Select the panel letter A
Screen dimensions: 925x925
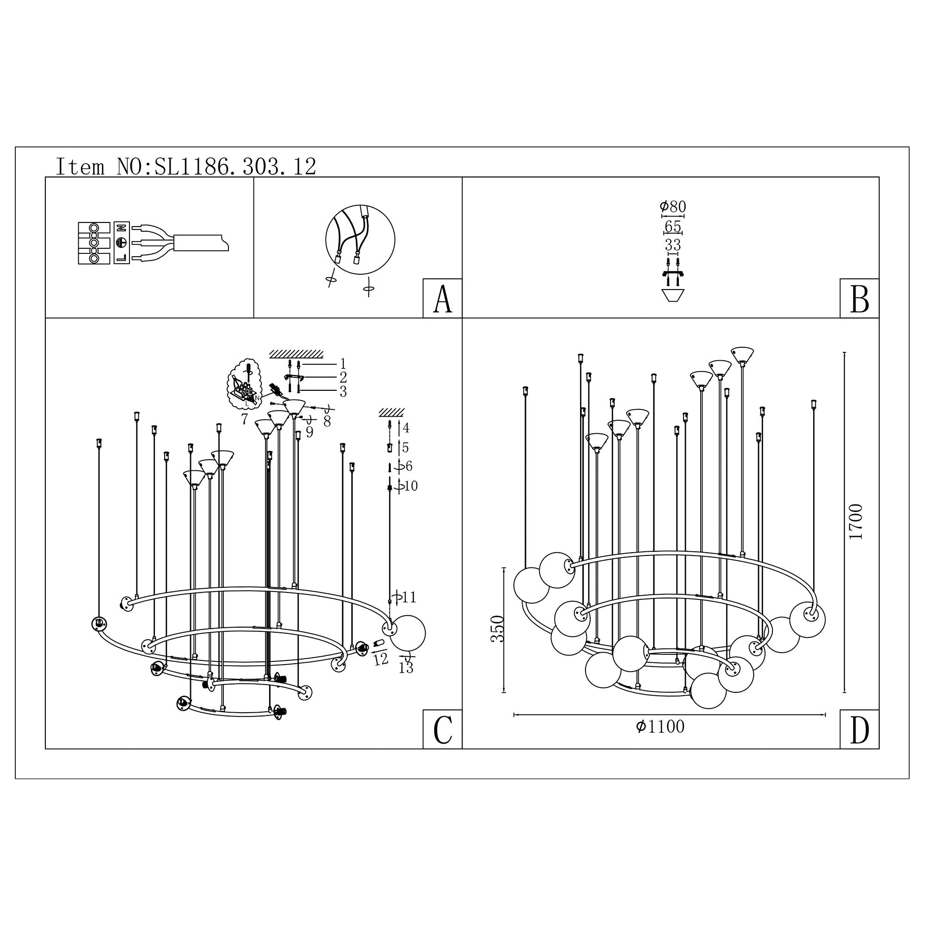tap(443, 299)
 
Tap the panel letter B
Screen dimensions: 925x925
tap(859, 299)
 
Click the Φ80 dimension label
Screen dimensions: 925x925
tap(672, 206)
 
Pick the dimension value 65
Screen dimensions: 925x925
tap(672, 226)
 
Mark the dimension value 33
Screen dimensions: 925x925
tap(672, 245)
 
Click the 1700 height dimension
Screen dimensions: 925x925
tap(855, 521)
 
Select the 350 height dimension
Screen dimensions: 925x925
tap(498, 629)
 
